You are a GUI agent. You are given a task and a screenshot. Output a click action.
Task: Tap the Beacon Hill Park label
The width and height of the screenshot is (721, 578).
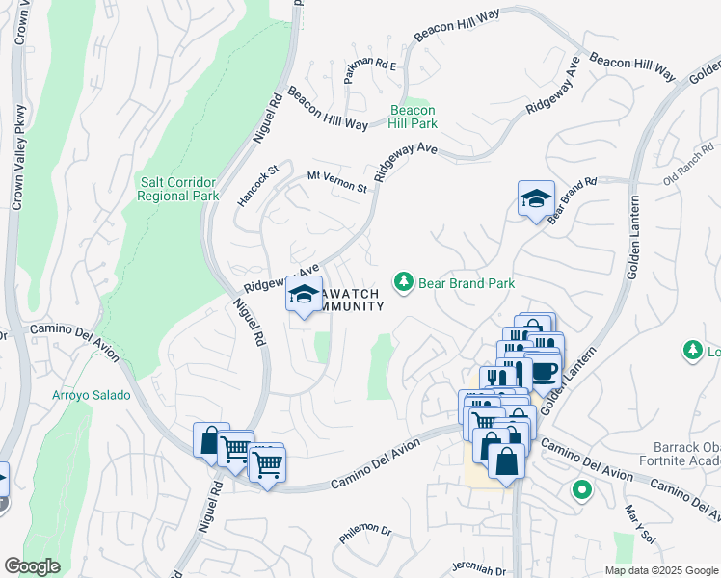tap(413, 117)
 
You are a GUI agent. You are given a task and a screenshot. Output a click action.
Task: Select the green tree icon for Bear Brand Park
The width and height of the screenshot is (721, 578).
tap(404, 282)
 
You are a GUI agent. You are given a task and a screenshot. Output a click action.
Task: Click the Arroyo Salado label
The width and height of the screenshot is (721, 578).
tap(91, 395)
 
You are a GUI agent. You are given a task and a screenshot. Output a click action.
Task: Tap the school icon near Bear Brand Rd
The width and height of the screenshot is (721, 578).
tap(536, 198)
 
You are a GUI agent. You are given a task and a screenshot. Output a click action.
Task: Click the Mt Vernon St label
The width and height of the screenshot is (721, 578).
tap(337, 180)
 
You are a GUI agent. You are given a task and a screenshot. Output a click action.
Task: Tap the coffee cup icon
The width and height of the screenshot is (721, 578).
tap(543, 371)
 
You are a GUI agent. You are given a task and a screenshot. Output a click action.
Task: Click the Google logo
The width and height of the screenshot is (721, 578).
tap(32, 566)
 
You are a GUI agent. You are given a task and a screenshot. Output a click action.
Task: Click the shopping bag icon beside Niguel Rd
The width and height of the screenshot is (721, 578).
tap(210, 440)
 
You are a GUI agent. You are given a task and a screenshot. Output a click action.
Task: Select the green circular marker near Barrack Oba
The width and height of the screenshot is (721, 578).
tap(580, 490)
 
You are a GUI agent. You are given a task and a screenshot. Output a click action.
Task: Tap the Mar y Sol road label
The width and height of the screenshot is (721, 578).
tap(637, 524)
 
